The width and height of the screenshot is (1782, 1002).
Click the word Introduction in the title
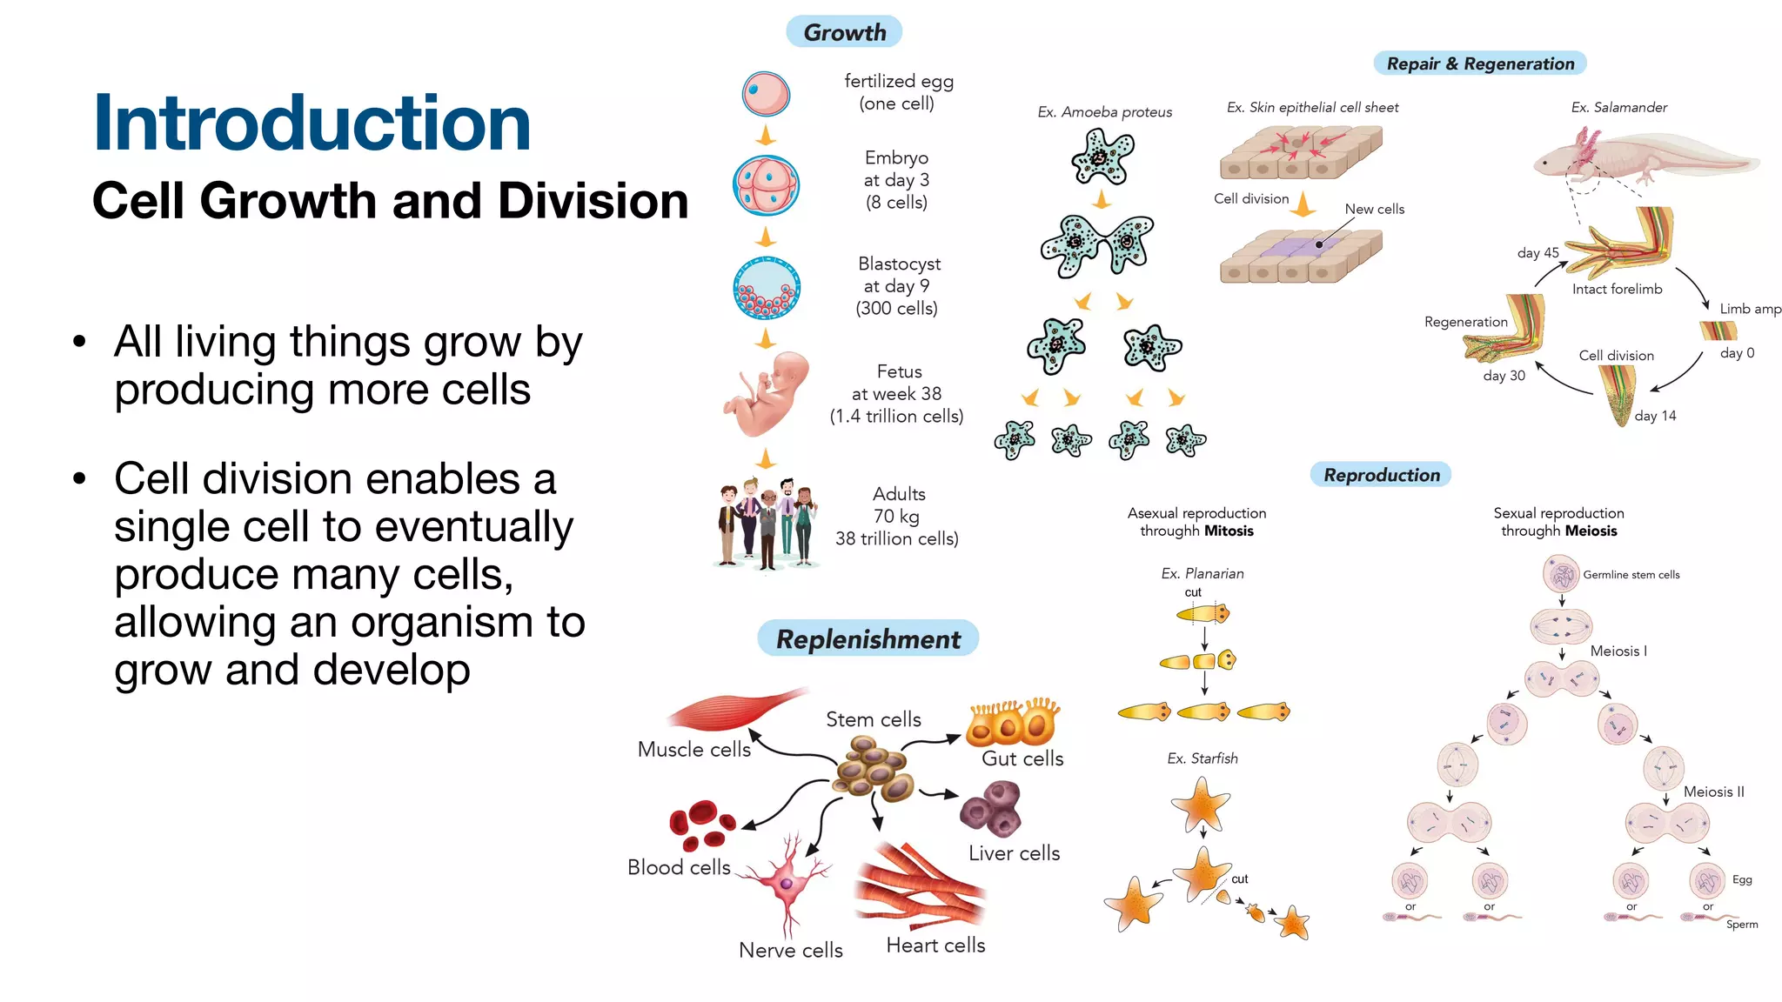[x=312, y=124]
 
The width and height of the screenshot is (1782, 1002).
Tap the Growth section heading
[x=844, y=32]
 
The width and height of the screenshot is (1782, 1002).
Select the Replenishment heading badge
[x=868, y=639]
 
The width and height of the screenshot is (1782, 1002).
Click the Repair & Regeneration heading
[x=1480, y=63]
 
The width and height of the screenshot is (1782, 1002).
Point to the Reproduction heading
[x=1381, y=475]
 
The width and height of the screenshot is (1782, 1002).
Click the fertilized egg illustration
[x=766, y=94]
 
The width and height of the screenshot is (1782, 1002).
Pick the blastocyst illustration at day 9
[x=767, y=288]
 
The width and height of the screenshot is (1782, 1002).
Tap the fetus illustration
[x=766, y=392]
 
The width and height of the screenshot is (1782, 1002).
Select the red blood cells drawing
[x=701, y=825]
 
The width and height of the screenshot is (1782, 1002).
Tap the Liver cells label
[x=1014, y=853]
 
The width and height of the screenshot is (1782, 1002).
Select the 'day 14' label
[x=1655, y=416]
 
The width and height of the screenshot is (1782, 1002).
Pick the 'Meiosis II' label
[x=1713, y=792]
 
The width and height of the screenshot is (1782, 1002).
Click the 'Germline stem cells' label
[x=1631, y=575]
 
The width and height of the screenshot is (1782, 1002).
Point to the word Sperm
[x=1741, y=925]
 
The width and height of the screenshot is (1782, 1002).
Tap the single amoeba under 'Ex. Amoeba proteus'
[x=1102, y=157]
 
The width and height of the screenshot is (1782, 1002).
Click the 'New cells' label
[x=1374, y=209]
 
